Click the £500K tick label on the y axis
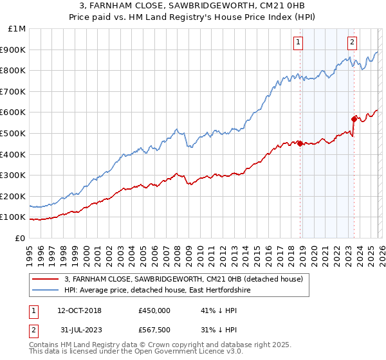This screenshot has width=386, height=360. [x=13, y=133]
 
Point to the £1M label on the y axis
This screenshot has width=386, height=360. [x=16, y=29]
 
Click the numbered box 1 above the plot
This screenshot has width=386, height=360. [x=299, y=43]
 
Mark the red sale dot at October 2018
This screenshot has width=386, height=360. [x=300, y=143]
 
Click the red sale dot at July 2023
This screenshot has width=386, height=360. [x=354, y=119]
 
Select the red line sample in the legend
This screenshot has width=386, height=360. [x=46, y=279]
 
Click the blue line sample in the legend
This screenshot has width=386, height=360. [x=46, y=291]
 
